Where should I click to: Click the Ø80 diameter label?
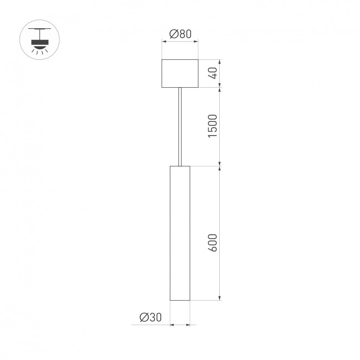click(180, 34)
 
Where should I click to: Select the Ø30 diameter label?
click(150, 318)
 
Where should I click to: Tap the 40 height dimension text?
click(212, 73)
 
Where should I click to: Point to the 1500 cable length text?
click(212, 126)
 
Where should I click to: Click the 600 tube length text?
click(212, 243)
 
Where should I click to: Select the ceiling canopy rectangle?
click(180, 73)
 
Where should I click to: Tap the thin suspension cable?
click(180, 126)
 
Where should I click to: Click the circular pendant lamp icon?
click(39, 39)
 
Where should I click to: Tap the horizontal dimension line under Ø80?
click(180, 42)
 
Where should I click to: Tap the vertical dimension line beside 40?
click(220, 73)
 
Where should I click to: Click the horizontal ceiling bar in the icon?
click(39, 28)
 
